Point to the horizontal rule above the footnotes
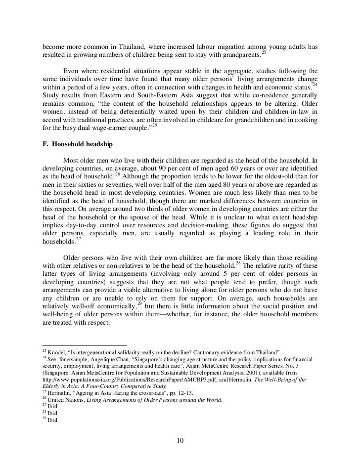(x=84, y=345)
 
